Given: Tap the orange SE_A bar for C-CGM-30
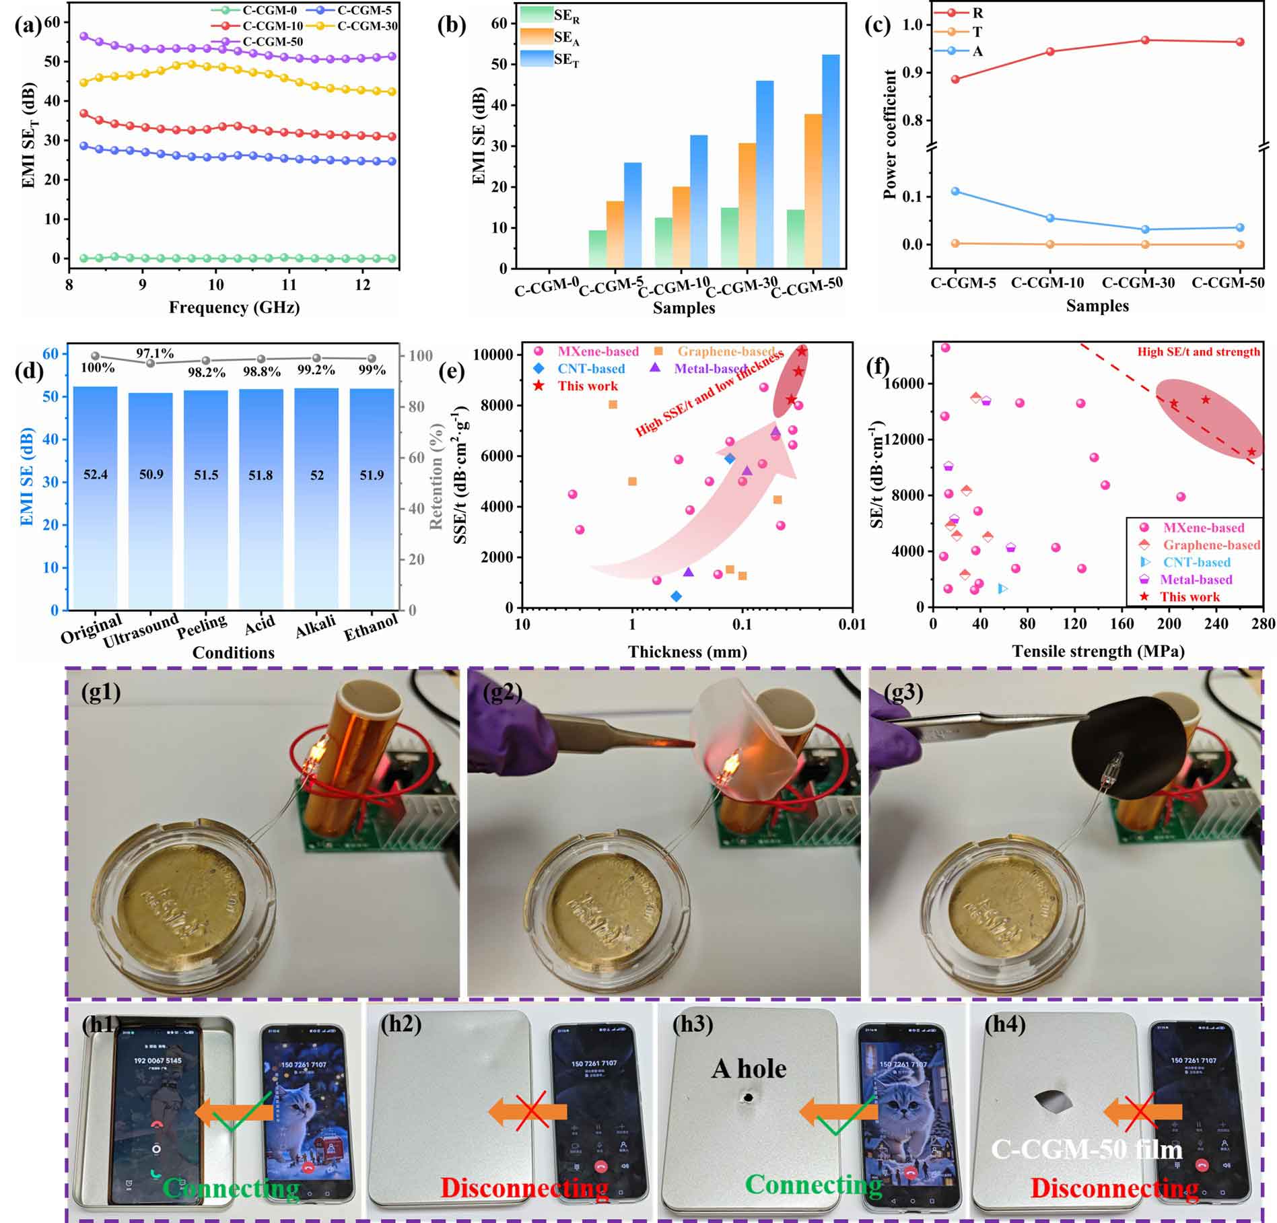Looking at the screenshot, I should coord(746,205).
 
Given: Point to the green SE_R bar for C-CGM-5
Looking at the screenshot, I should coord(596,249).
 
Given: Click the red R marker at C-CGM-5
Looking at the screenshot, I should coord(955,79).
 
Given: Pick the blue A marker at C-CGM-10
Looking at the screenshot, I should coord(1050,218).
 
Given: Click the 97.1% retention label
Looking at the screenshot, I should coord(155,353).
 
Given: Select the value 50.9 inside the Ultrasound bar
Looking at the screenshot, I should coord(151,475).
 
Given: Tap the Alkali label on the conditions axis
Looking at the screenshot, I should coord(315,625).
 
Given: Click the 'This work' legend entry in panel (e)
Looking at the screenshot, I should coord(587,386).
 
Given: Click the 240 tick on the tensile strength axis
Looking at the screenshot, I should coord(1216,624).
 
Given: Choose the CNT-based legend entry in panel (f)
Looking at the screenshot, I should coord(1196,563).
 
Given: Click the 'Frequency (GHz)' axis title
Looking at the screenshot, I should coord(234,308).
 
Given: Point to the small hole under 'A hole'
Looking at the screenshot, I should coord(747,1098).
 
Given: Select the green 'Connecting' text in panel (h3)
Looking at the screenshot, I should coord(813,1185).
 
